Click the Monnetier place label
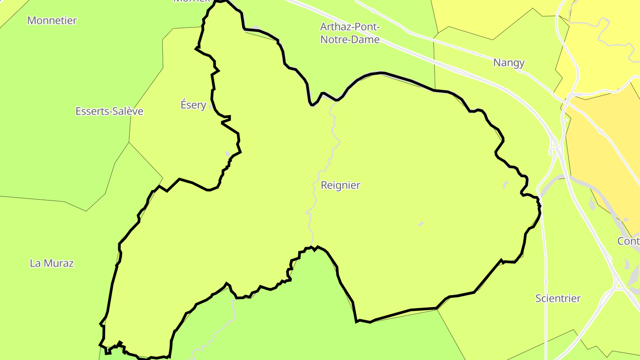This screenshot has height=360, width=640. point(52,20)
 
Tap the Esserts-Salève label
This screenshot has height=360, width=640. point(109,111)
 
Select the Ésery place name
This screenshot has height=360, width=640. point(193,105)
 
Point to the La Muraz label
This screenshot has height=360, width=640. point(52,263)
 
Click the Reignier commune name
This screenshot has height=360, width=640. point(340,185)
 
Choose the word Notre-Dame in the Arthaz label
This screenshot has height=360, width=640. point(350,40)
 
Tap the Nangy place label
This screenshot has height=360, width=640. point(509,63)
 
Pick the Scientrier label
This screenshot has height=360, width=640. point(558,298)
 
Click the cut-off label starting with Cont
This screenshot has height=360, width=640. point(628,241)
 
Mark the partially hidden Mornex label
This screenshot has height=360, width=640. point(191,1)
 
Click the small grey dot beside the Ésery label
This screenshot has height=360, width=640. point(211,107)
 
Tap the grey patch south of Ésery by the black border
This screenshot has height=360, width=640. point(228,154)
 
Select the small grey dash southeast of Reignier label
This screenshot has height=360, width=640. point(421,224)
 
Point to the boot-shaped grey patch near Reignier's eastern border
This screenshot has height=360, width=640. point(505,184)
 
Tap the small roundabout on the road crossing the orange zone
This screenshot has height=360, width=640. point(600,132)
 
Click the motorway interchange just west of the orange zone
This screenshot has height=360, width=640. point(555,149)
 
